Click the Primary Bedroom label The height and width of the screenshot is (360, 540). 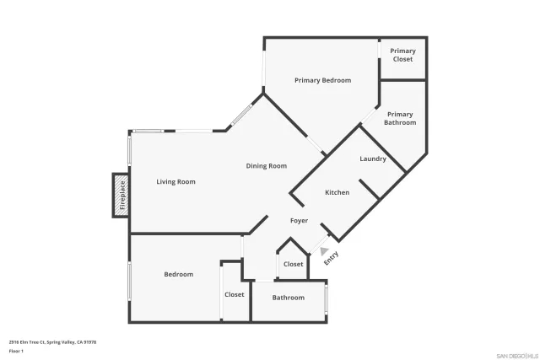pos(322,80)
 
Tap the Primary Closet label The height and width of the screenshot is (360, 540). pos(402,55)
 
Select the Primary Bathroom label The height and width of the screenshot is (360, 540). pos(400,118)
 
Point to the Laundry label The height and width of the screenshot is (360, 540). pos(372,159)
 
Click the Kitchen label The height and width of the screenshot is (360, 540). pos(337,192)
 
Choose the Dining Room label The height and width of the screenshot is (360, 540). pos(267,166)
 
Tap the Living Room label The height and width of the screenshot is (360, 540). pos(175,181)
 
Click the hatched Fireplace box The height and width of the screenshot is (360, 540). pos(121,196)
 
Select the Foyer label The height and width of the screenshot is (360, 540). pos(299,221)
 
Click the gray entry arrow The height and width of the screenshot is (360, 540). pos(324,251)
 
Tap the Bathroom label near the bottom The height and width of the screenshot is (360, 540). pos(288,298)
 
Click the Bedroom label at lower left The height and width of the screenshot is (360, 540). pos(178,274)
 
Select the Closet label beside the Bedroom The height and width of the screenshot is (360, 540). pos(234,294)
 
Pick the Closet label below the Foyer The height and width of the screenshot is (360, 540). pos(293,264)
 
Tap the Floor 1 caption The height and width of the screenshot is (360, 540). pos(16,350)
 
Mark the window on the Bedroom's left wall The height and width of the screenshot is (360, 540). pos(129,280)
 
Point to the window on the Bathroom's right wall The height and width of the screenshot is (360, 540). pos(327,298)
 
